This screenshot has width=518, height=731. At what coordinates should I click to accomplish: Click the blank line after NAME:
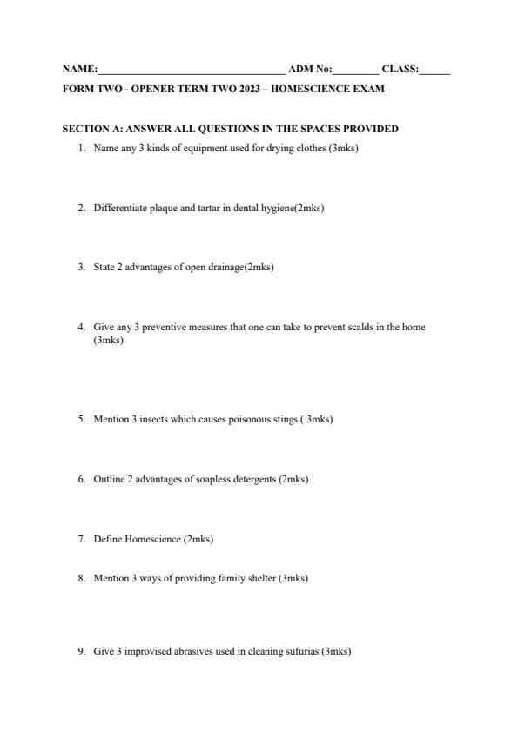(x=191, y=70)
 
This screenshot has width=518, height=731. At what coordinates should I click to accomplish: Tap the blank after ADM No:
(x=355, y=70)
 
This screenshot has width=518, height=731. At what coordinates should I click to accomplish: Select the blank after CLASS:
(x=434, y=70)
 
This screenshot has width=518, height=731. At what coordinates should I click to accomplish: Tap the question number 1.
(x=81, y=148)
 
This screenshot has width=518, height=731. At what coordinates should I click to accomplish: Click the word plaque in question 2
(x=164, y=208)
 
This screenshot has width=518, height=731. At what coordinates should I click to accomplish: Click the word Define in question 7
(x=107, y=539)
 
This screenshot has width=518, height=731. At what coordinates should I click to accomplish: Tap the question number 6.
(x=81, y=479)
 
